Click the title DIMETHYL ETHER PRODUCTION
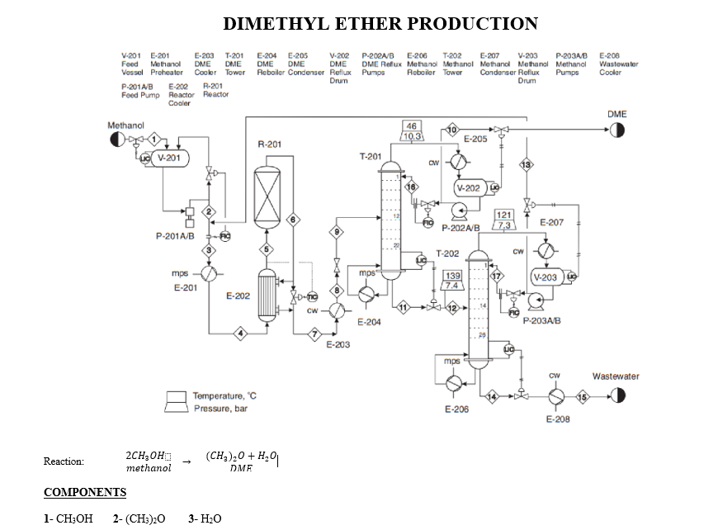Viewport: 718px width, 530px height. coord(380,23)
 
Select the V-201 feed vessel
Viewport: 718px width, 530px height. coord(168,158)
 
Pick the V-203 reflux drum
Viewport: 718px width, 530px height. coord(548,277)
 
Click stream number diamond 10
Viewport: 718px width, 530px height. coord(451,130)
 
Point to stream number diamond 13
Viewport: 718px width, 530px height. coord(525,165)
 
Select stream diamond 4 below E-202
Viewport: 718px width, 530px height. coord(241,334)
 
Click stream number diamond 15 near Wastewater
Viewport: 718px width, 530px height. coord(583,397)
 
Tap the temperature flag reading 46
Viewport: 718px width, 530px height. coord(412,125)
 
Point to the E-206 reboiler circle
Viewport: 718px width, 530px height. coord(455,383)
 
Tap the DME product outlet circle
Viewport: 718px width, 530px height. coord(617,130)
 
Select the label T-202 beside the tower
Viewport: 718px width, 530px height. coord(446,253)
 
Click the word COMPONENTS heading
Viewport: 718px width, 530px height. coord(84,493)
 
